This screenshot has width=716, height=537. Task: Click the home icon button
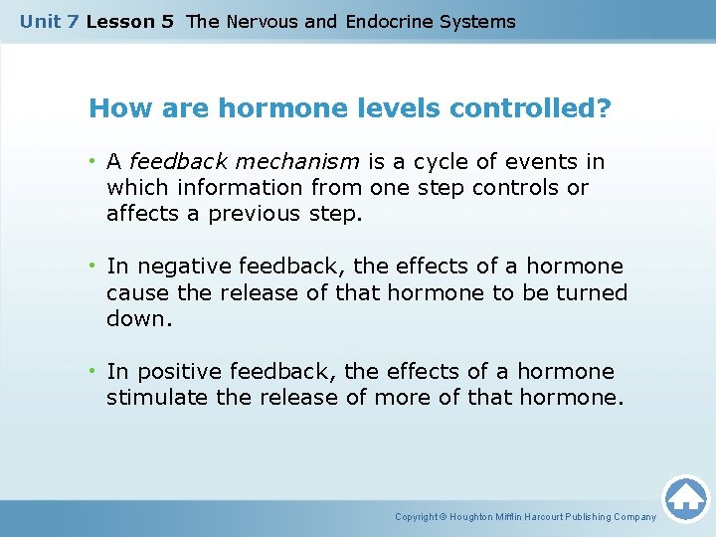(x=685, y=498)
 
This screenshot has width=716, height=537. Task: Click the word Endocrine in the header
(x=389, y=21)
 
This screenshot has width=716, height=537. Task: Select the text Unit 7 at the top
(x=50, y=21)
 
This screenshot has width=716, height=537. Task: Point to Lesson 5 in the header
(x=130, y=21)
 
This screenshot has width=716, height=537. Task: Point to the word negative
(x=180, y=267)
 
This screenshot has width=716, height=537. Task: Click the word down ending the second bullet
(x=134, y=318)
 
